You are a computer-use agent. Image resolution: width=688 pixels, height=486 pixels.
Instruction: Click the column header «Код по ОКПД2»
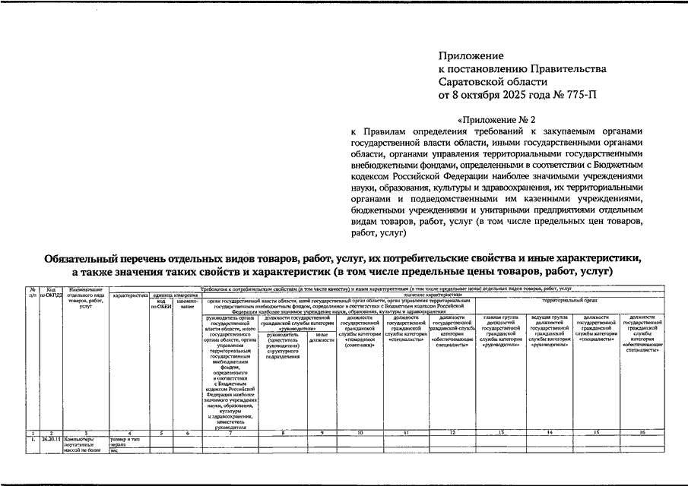click(x=50, y=292)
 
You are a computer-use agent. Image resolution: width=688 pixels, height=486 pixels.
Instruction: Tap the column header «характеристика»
click(x=130, y=295)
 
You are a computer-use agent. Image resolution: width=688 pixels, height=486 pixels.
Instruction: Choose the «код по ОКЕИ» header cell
click(x=161, y=303)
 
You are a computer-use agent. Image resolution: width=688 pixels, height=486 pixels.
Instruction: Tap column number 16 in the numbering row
click(x=642, y=432)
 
